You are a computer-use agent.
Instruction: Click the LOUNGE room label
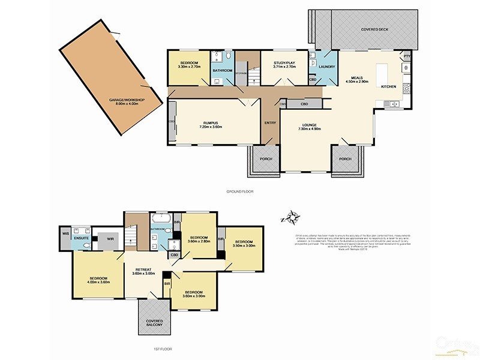click(310, 125)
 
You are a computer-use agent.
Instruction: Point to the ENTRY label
click(271, 123)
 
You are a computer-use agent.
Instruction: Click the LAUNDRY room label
click(327, 67)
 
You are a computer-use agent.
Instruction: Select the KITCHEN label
click(388, 87)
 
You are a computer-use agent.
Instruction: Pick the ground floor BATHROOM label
click(223, 71)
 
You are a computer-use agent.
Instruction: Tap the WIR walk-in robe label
click(110, 238)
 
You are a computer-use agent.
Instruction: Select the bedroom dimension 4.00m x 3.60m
click(99, 282)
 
